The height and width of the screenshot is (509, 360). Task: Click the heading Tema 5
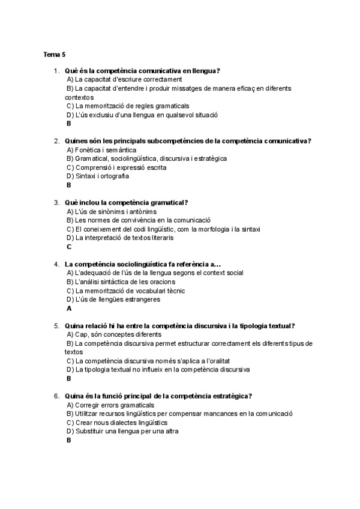[54, 54]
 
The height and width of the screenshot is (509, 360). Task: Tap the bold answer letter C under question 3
[69, 247]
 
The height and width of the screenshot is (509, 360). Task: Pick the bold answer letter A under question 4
[69, 309]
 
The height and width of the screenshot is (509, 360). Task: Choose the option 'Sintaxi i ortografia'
[98, 176]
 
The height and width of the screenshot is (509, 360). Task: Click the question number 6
[56, 396]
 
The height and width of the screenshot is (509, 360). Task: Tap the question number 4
[56, 264]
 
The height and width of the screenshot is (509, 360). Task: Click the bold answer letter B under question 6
[69, 441]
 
